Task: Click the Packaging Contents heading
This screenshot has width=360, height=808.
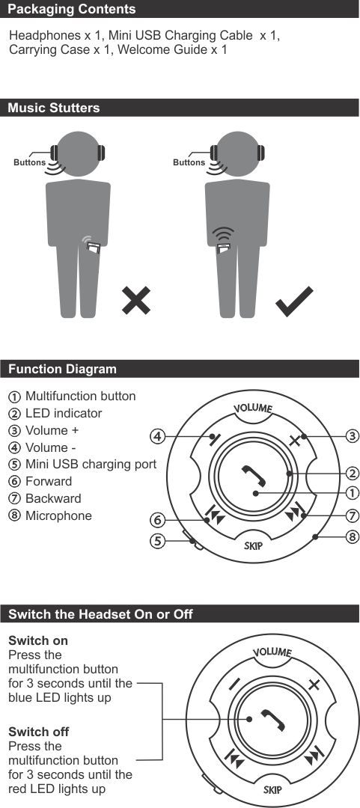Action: pyautogui.click(x=72, y=9)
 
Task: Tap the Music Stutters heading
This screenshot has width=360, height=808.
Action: pyautogui.click(x=54, y=108)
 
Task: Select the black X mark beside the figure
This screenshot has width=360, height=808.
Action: pyautogui.click(x=136, y=301)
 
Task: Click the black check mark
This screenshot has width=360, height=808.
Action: pyautogui.click(x=294, y=301)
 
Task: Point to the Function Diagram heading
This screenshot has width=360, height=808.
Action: pyautogui.click(x=62, y=369)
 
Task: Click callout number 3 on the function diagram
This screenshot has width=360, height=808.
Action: pyautogui.click(x=352, y=436)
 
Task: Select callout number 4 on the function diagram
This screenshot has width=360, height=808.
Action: pyautogui.click(x=157, y=436)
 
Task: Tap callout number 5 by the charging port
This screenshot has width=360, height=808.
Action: pyautogui.click(x=157, y=541)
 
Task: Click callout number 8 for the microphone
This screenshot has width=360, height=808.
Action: pyautogui.click(x=352, y=536)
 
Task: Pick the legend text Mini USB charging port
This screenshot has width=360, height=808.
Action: pyautogui.click(x=91, y=464)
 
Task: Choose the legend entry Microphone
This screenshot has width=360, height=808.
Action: pyautogui.click(x=58, y=515)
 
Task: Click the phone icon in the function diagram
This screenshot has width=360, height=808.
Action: pyautogui.click(x=254, y=476)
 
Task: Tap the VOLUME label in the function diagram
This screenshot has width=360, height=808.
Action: pyautogui.click(x=253, y=408)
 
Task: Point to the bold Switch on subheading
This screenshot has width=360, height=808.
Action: pyautogui.click(x=38, y=640)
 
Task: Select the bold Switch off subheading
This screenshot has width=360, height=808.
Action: pyautogui.click(x=39, y=732)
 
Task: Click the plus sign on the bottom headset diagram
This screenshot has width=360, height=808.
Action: pyautogui.click(x=314, y=685)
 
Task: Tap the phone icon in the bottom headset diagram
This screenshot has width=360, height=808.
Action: pyautogui.click(x=273, y=720)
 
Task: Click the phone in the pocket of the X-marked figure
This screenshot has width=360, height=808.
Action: pyautogui.click(x=93, y=248)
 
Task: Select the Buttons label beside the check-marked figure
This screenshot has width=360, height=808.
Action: pyautogui.click(x=189, y=162)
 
